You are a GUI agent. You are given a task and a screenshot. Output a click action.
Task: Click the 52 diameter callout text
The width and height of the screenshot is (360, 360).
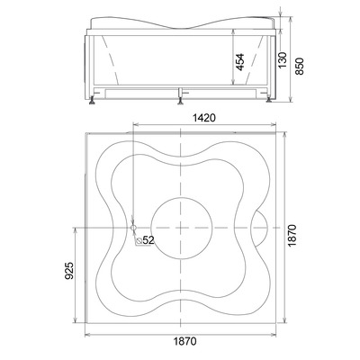click(148, 239)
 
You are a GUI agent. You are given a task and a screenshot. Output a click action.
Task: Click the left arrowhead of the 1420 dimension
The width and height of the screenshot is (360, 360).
click(135, 124)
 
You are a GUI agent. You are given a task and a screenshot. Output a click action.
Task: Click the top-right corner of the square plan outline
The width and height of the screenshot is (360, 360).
click(277, 133)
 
